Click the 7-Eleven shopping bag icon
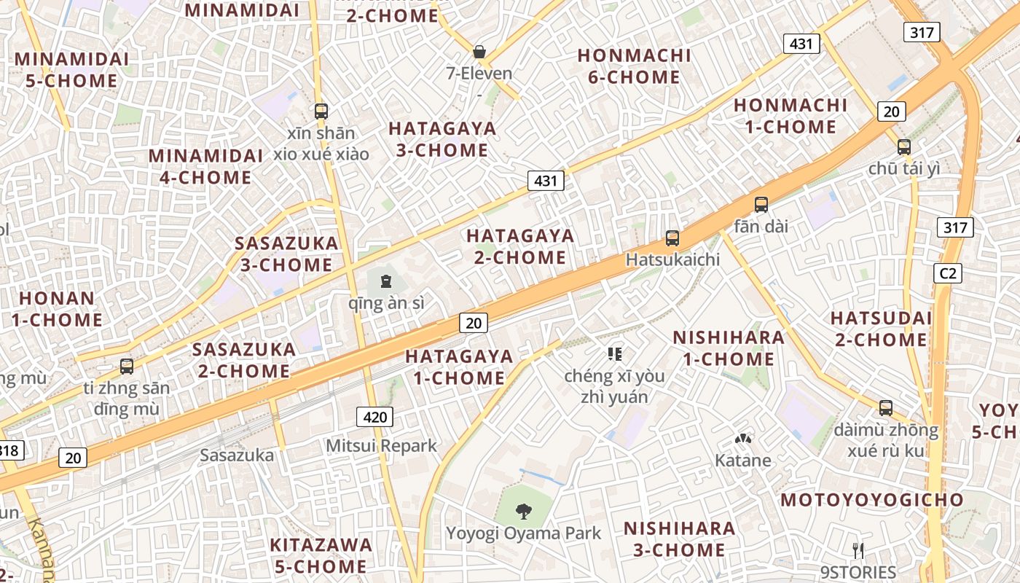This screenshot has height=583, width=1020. [x=479, y=52]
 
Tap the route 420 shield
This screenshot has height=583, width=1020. [x=374, y=417]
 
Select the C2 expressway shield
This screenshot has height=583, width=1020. [x=947, y=273]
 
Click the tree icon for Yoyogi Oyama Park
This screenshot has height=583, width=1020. [x=523, y=512]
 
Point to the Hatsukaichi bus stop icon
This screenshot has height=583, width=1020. [x=672, y=238]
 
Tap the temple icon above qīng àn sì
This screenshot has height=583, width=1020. [x=386, y=281]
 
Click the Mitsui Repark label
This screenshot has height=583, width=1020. [x=381, y=445]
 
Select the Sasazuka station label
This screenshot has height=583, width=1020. [x=237, y=455]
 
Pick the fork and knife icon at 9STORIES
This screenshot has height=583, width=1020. [x=858, y=550]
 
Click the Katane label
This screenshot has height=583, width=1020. [x=742, y=461]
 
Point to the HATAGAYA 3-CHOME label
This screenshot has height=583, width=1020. [x=442, y=139]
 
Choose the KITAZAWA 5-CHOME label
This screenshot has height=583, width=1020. [x=321, y=555]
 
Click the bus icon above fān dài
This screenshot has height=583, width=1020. [x=761, y=205]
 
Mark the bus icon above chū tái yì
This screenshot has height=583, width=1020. [x=904, y=146]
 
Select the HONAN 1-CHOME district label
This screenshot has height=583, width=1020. [x=57, y=308]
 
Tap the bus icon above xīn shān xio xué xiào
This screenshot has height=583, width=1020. [x=321, y=111]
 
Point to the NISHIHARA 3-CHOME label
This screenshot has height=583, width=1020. [x=678, y=539]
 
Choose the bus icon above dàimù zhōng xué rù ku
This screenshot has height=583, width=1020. [x=886, y=408]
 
